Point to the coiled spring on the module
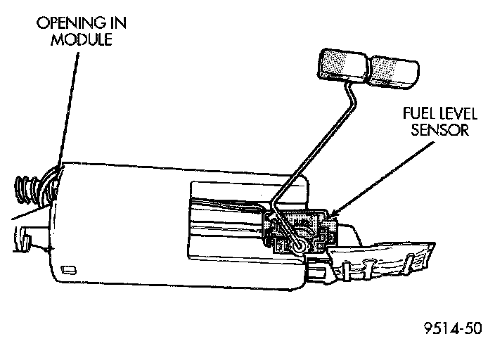[26, 190]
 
